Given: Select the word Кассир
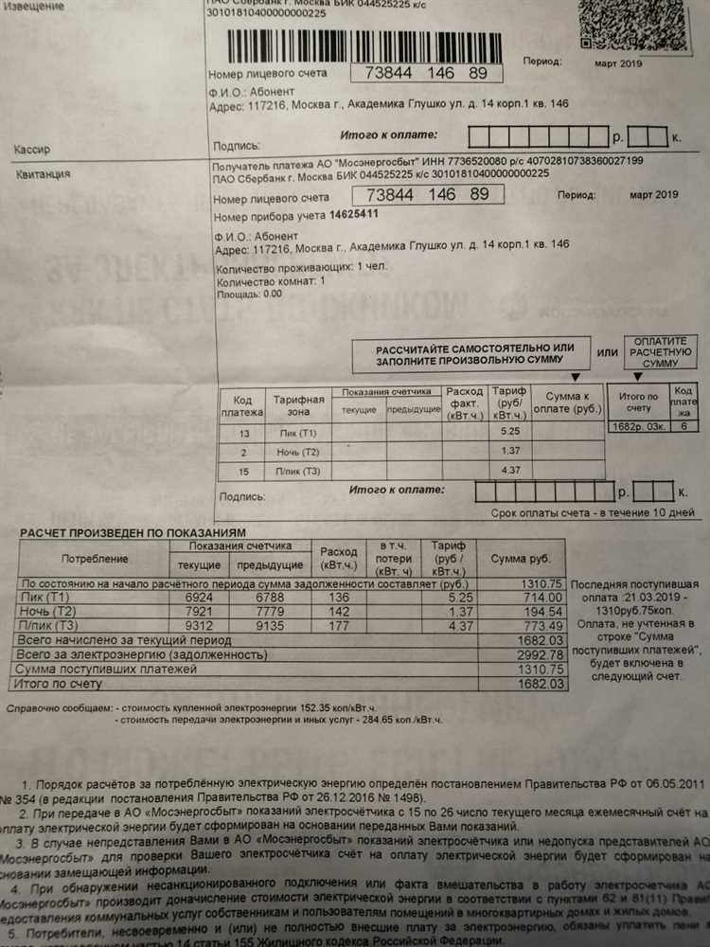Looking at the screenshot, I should (32, 150).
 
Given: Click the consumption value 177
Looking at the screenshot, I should (338, 625).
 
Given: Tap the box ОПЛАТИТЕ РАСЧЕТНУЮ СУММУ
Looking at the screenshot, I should (660, 352).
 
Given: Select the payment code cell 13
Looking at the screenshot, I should (243, 433).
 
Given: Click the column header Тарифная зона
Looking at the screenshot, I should (299, 405).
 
